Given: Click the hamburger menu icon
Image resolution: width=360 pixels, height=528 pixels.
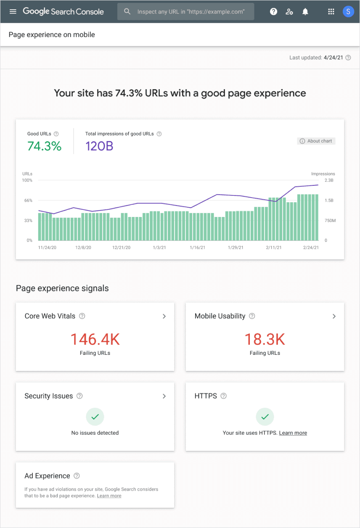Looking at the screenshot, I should [x=13, y=11].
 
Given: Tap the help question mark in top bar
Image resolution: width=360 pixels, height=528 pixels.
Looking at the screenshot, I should [x=273, y=12].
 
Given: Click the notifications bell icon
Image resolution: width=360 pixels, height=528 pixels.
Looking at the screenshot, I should [x=305, y=12].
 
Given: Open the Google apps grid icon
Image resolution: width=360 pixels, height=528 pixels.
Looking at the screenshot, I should [x=331, y=12].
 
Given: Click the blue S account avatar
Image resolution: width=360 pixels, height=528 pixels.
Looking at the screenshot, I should [x=348, y=12].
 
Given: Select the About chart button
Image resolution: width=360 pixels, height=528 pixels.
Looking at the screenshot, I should [x=316, y=141].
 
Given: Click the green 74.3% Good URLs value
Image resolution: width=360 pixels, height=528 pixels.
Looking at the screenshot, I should [x=45, y=146].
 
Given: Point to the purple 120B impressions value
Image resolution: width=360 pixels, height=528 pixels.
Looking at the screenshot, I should [x=99, y=146].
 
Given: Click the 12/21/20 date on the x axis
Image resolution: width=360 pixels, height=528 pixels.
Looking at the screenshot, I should [x=122, y=248].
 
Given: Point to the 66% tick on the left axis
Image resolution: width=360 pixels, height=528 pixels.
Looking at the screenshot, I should [x=28, y=201].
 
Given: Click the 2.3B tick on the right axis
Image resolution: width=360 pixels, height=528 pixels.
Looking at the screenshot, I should [x=328, y=180].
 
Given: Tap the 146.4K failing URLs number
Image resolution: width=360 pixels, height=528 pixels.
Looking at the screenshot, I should [x=95, y=339].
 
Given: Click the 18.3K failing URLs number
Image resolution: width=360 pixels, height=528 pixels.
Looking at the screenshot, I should [x=265, y=339].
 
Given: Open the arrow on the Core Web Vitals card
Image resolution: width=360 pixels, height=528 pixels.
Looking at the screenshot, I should [x=164, y=316].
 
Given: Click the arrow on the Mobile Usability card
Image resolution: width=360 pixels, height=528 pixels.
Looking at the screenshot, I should [x=334, y=316].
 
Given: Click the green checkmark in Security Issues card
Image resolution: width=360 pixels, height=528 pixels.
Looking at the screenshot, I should [x=95, y=417].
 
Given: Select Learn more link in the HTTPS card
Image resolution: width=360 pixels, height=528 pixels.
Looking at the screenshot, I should [x=293, y=433].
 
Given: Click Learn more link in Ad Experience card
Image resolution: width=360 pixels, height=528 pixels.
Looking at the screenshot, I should [x=109, y=496].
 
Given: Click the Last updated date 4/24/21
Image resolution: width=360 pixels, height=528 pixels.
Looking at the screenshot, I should [x=333, y=58].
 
